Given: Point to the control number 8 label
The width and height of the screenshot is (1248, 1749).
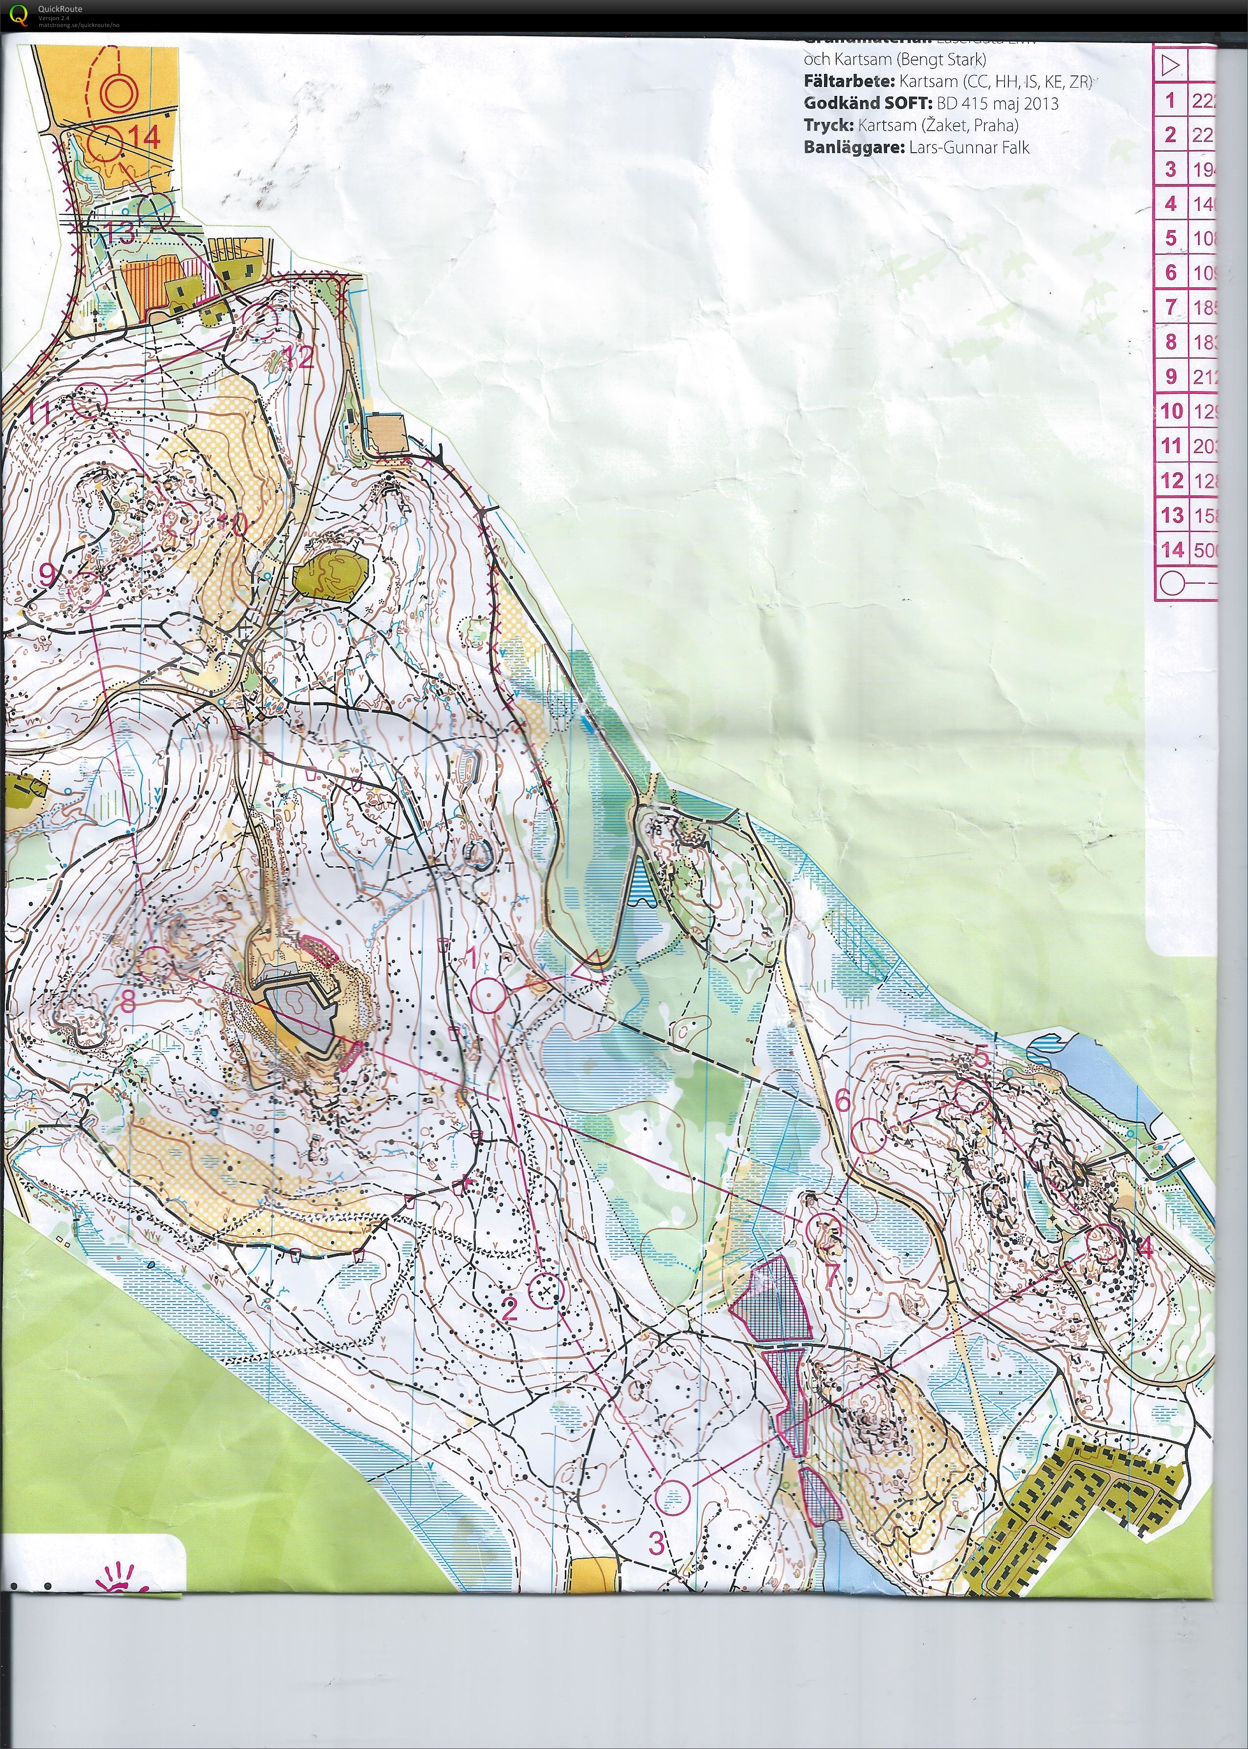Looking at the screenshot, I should [128, 1001].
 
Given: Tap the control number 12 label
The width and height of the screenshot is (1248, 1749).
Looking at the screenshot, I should [300, 357].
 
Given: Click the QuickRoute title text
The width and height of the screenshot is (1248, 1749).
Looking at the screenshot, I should [60, 8].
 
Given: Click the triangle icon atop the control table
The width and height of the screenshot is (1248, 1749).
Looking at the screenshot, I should [1170, 66].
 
